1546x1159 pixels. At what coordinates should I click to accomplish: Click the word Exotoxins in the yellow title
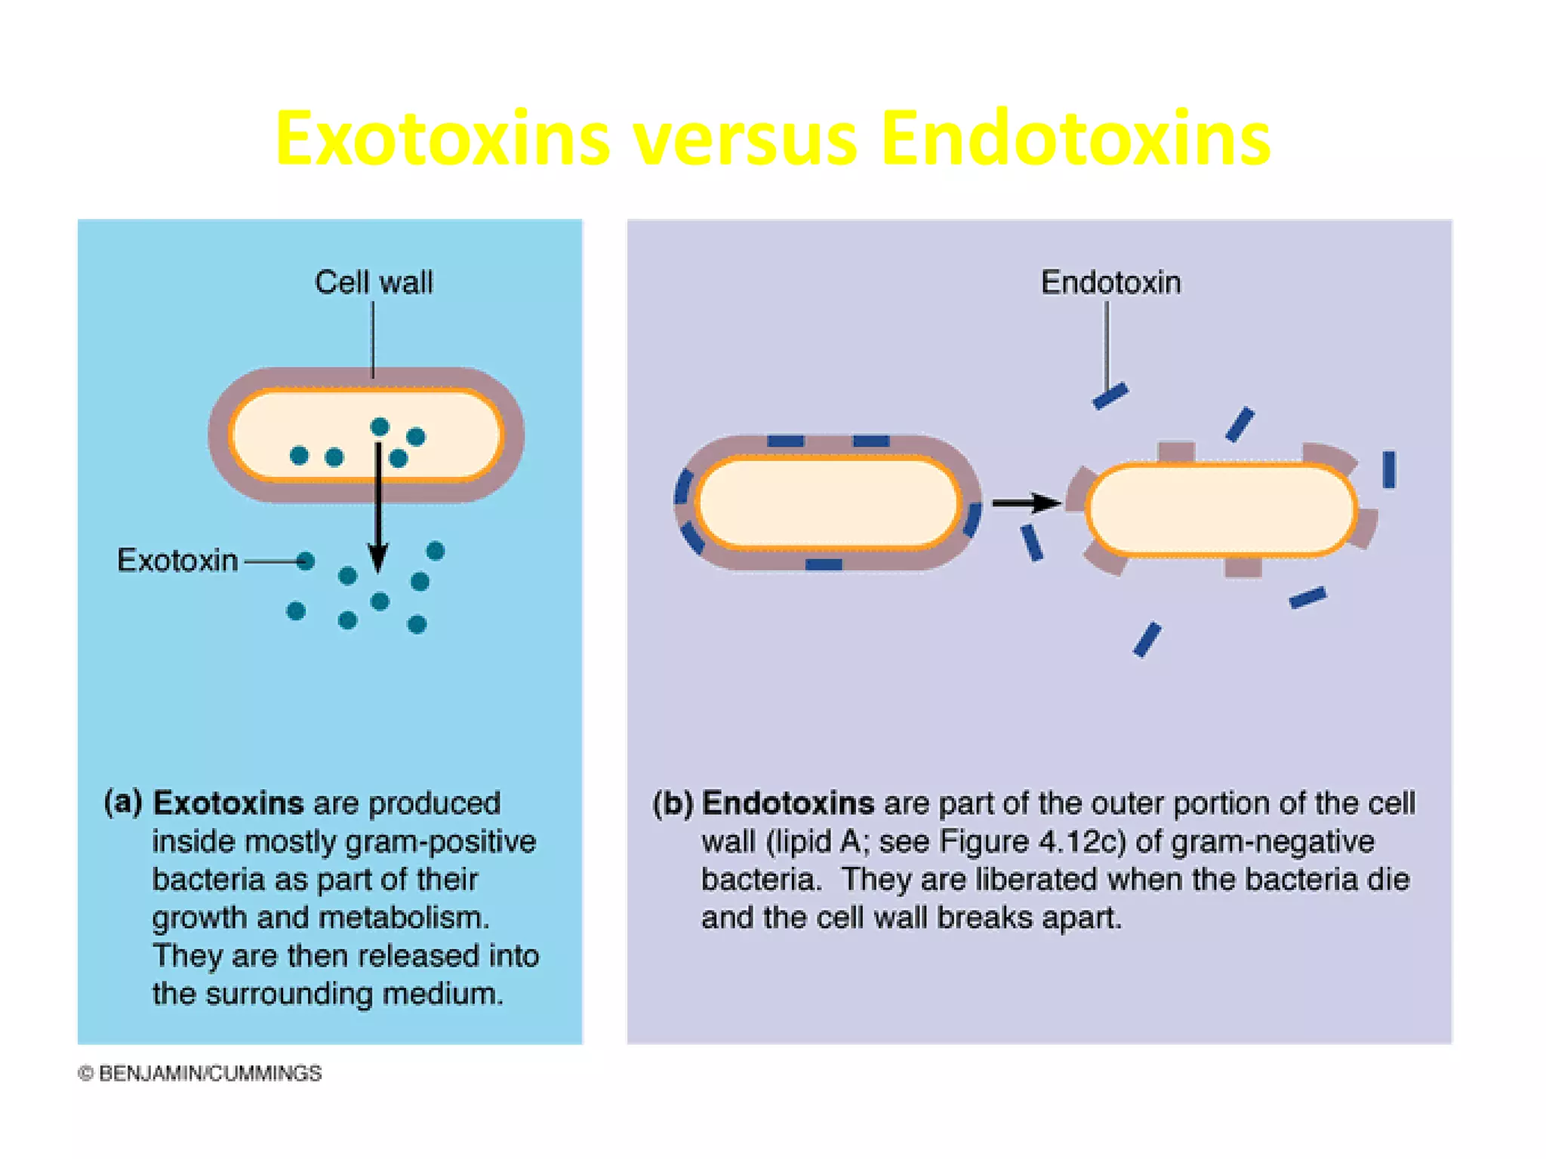click(x=442, y=139)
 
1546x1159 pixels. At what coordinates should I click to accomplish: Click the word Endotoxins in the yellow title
click(x=1075, y=139)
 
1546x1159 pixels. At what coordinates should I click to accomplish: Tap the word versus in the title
click(x=745, y=140)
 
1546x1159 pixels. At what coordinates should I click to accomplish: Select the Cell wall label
click(x=374, y=283)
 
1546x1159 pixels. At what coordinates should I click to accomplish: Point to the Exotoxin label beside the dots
click(x=177, y=561)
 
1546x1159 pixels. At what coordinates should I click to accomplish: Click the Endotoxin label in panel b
click(x=1110, y=283)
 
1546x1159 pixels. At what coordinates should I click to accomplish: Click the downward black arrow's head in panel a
click(x=378, y=559)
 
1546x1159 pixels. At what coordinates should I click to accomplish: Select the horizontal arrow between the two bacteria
click(x=1025, y=503)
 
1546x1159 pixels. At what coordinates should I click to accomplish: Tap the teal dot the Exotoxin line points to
click(x=305, y=561)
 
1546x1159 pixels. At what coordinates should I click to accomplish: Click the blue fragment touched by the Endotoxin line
click(x=1110, y=396)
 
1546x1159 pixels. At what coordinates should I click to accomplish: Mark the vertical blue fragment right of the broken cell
click(x=1389, y=469)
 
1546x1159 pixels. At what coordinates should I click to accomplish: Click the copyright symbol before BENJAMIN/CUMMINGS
click(x=86, y=1074)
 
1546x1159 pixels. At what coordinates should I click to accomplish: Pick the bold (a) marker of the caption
click(x=123, y=802)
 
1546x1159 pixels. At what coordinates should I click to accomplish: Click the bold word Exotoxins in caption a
click(x=228, y=804)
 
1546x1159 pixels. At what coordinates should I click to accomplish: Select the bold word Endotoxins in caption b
click(x=788, y=804)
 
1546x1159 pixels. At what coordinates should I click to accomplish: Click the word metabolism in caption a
click(x=404, y=918)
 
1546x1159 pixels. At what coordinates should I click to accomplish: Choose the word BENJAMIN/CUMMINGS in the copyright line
click(x=210, y=1074)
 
